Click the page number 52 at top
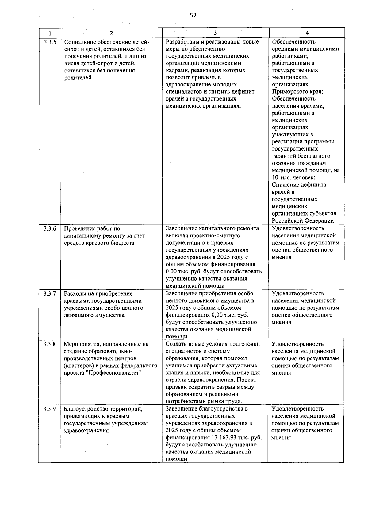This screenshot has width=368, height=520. click(x=193, y=16)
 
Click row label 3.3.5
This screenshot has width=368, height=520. click(x=50, y=42)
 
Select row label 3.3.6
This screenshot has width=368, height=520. click(x=50, y=229)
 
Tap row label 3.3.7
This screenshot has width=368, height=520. click(x=50, y=294)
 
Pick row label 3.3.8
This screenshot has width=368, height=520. click(x=50, y=344)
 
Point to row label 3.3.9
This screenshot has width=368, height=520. click(x=50, y=409)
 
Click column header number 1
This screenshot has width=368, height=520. click(x=50, y=33)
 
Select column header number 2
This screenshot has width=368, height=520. click(x=111, y=33)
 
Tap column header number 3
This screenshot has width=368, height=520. click(x=215, y=33)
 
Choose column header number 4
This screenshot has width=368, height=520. click(x=307, y=33)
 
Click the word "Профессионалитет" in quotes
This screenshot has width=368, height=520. click(x=115, y=373)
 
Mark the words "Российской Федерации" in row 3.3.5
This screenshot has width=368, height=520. click(x=303, y=221)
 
